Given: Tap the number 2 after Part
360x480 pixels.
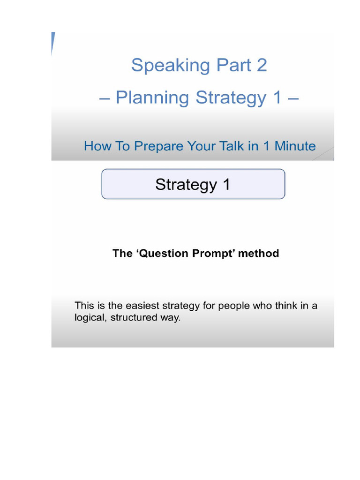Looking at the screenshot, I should click(x=261, y=65).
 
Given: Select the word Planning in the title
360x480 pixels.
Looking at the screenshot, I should click(x=152, y=98).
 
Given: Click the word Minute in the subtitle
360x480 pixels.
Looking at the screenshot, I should click(x=295, y=146).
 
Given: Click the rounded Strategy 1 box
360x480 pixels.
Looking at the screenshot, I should click(x=193, y=184).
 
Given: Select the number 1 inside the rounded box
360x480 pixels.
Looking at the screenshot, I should click(x=225, y=184).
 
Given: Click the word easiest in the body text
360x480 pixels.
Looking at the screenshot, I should click(x=140, y=306).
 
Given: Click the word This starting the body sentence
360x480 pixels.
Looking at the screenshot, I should click(x=84, y=306).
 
